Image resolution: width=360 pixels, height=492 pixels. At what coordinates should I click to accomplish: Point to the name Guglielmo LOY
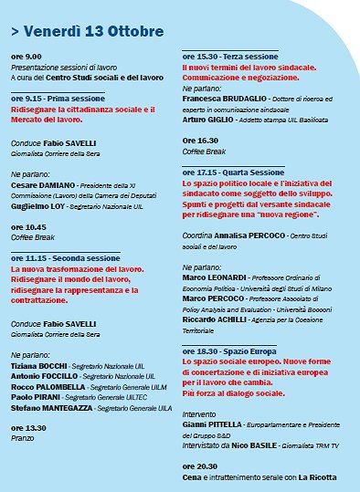pyautogui.click(x=42, y=207)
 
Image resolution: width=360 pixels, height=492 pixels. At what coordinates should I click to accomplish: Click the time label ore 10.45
pyautogui.click(x=28, y=226)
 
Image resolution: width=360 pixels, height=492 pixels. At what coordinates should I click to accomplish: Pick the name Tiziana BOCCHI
pyautogui.click(x=41, y=365)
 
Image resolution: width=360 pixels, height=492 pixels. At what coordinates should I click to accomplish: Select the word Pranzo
pyautogui.click(x=23, y=437)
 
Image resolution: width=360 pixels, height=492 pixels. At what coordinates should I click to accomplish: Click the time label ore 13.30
pyautogui.click(x=28, y=427)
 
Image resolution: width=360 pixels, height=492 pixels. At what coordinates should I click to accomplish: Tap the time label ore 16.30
pyautogui.click(x=200, y=141)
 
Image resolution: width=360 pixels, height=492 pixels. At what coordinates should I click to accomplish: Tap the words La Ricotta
pyautogui.click(x=317, y=477)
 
